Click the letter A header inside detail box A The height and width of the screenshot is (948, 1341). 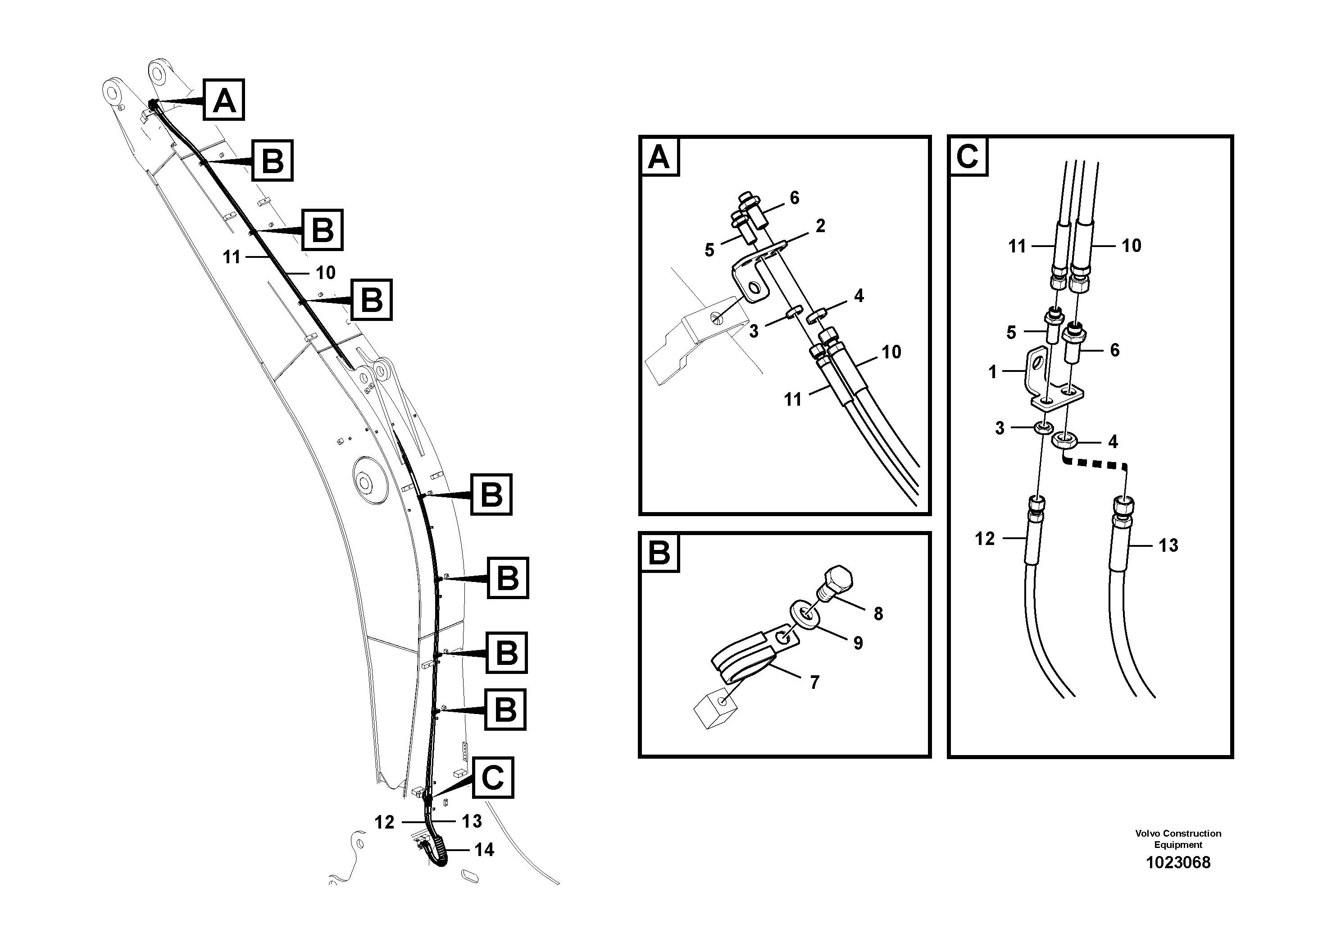[659, 156]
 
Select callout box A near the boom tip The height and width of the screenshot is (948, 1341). [224, 101]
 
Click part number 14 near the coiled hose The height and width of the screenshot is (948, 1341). [484, 849]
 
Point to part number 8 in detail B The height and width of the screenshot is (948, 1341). [878, 614]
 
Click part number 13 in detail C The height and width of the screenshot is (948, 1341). [1168, 545]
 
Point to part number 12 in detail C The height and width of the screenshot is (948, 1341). [985, 538]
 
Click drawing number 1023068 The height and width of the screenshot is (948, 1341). [1178, 863]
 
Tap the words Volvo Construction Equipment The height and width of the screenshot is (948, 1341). [1178, 839]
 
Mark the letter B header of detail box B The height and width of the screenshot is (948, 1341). [659, 552]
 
